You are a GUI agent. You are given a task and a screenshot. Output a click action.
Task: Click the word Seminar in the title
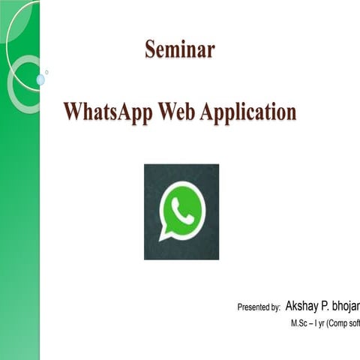pos(179,50)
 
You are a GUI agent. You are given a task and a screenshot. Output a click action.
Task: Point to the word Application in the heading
pos(248,113)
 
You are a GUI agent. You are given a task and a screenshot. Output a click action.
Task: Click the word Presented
pos(252,307)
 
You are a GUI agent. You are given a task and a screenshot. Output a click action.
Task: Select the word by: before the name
pos(274,307)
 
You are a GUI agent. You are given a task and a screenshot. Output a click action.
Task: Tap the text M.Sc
pos(301,325)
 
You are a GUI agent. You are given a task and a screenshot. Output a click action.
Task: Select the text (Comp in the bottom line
pos(340,325)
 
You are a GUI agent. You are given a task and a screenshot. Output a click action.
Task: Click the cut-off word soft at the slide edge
pos(355,325)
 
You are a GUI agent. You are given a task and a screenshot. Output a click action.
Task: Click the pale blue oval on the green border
pos(40,79)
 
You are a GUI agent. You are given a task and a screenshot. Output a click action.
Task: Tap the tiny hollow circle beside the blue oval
pos(46,72)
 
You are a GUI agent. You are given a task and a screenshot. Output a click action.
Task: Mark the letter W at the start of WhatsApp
pos(73,112)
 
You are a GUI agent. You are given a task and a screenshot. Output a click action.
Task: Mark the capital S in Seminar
pos(150,50)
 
